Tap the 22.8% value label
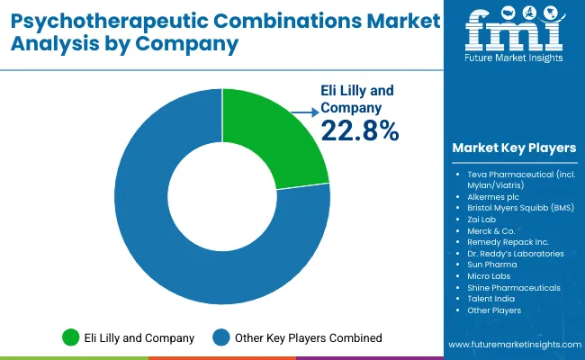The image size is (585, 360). tap(359, 131)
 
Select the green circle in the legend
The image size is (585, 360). tap(69, 337)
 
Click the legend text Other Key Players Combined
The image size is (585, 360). tap(308, 337)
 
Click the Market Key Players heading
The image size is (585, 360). tap(516, 148)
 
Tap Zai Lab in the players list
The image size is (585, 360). tap(481, 219)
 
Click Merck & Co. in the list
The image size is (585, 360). tap(490, 230)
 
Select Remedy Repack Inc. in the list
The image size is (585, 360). tap(508, 242)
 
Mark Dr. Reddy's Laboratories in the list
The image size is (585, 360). tap(516, 254)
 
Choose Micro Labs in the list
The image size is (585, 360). tap(488, 276)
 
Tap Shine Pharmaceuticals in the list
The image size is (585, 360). tap(513, 288)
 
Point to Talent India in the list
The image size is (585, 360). tap(491, 299)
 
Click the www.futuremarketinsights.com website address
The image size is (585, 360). tap(513, 346)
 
